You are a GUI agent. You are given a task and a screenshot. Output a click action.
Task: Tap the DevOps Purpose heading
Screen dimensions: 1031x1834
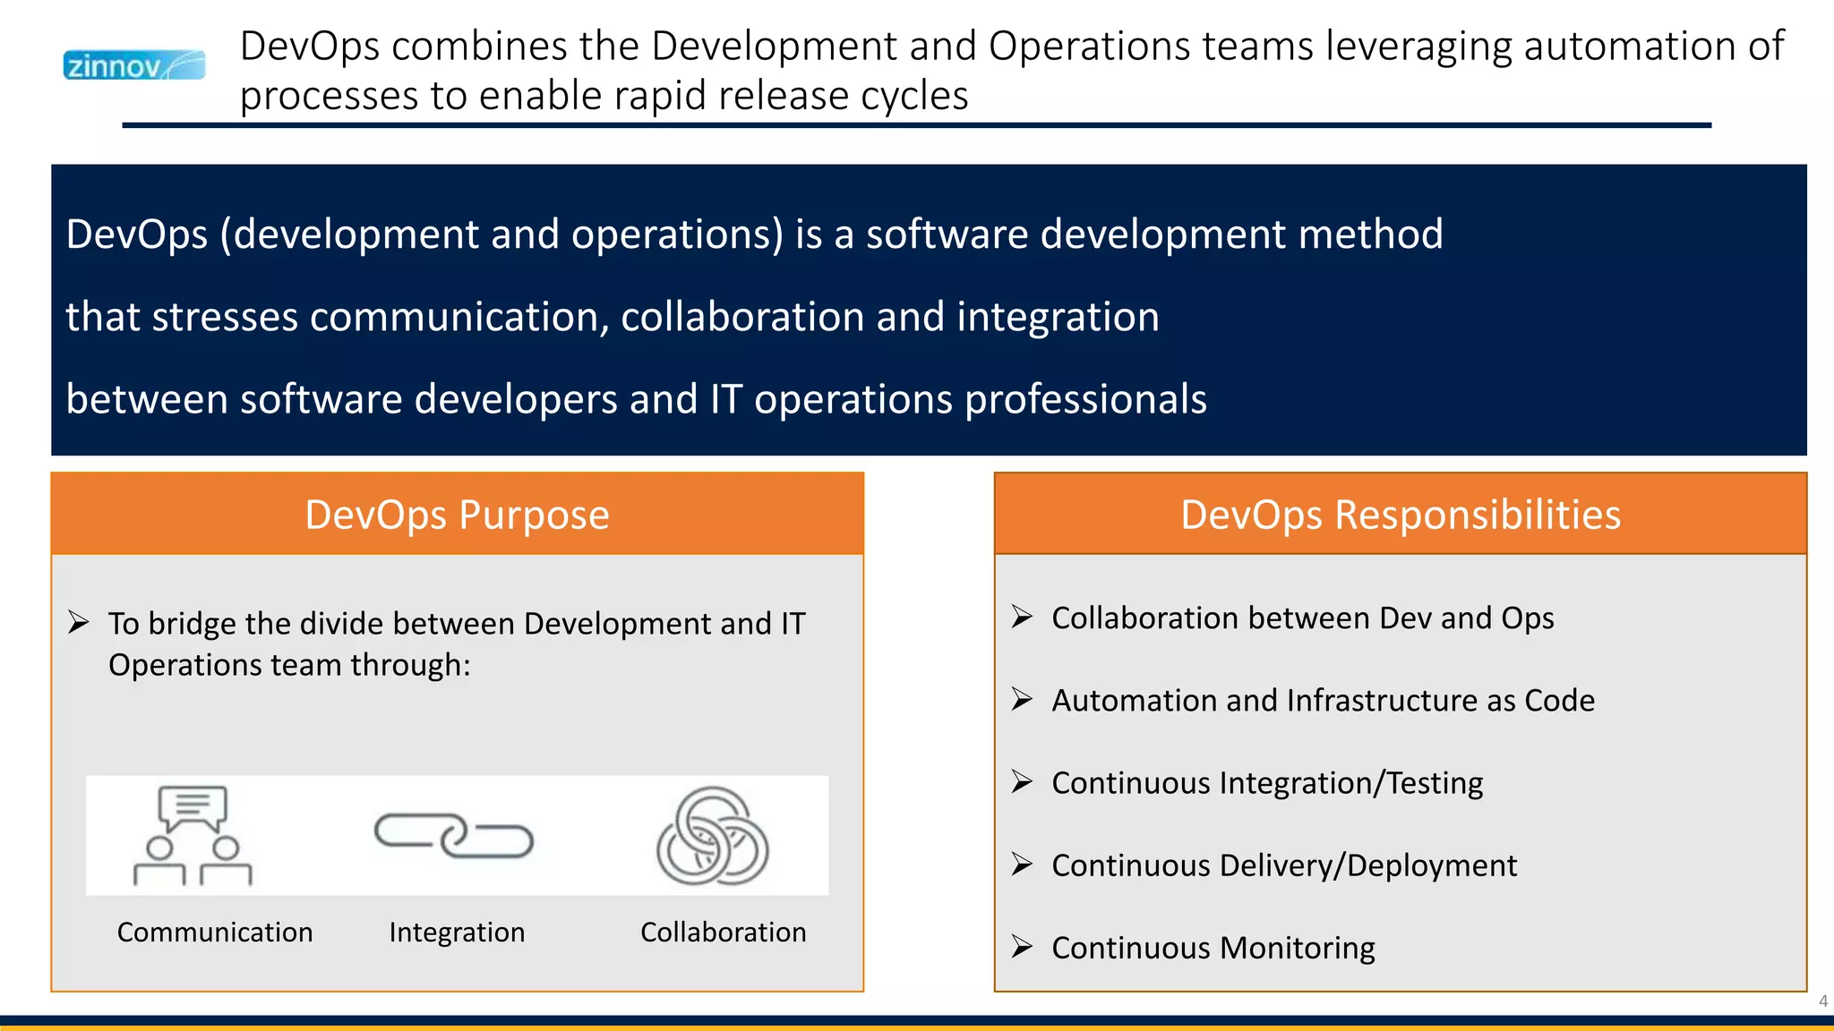coord(457,515)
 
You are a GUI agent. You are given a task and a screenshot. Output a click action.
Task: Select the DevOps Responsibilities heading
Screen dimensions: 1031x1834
coord(1401,515)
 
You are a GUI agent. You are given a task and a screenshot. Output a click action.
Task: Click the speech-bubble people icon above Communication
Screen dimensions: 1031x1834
coord(193,836)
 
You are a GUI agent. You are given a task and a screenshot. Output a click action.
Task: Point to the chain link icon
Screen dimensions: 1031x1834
coord(454,836)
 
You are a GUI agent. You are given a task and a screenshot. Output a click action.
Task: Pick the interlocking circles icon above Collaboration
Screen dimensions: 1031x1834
coord(713,836)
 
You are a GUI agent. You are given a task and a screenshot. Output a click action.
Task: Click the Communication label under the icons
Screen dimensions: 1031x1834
coord(215,933)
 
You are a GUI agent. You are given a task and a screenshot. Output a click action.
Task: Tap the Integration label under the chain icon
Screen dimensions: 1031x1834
coord(457,933)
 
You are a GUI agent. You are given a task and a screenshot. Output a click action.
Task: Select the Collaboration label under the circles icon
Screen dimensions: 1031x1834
coord(724,933)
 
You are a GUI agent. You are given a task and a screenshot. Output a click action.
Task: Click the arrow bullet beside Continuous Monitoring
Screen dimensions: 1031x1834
coord(1022,946)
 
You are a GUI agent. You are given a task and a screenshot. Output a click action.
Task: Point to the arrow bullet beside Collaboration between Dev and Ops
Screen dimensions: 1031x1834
coord(1022,617)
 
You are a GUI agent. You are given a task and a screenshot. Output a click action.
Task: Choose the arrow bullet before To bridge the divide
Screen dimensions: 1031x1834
coord(79,622)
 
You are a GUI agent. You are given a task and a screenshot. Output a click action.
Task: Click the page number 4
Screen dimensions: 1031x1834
coord(1822,1001)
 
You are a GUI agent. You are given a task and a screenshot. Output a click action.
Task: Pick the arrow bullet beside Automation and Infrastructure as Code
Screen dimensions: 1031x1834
coord(1022,699)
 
